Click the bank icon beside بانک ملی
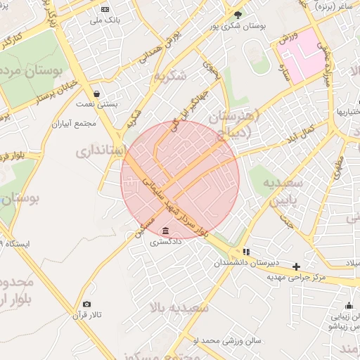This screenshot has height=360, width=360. pos(105,10)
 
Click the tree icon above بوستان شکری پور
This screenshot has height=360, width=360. pos(238,13)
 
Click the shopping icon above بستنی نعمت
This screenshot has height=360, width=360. pos(96,93)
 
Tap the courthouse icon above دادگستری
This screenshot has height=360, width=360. pos(165,231)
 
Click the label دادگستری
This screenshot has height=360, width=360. pos(165,242)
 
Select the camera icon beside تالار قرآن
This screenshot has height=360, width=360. pos(86,304)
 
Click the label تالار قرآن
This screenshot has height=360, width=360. pos(87,316)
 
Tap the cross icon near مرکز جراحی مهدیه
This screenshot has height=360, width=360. pos(297,266)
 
